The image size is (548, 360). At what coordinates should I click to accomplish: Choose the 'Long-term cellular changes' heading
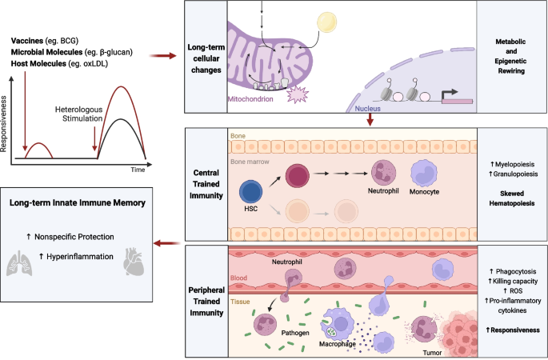click(212, 57)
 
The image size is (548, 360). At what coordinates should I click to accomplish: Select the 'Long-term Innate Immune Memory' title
click(77, 203)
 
